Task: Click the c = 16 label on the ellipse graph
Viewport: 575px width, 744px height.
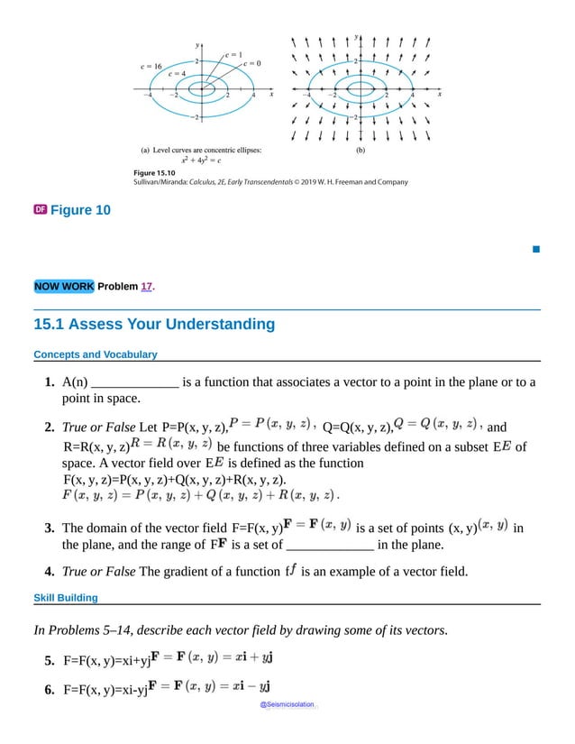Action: (x=151, y=66)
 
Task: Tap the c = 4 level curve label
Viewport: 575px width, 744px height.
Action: (x=177, y=74)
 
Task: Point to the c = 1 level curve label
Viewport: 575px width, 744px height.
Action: (x=233, y=54)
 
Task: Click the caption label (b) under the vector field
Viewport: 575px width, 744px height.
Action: (x=361, y=151)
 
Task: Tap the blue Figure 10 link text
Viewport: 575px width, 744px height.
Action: (x=80, y=210)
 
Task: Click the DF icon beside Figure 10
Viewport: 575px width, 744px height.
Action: (x=40, y=210)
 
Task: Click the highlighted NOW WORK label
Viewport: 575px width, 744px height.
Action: (x=63, y=287)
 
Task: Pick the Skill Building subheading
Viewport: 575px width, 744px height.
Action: (x=66, y=597)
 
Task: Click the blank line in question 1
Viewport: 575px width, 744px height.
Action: (x=135, y=382)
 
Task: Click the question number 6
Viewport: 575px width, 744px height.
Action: (x=50, y=690)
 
